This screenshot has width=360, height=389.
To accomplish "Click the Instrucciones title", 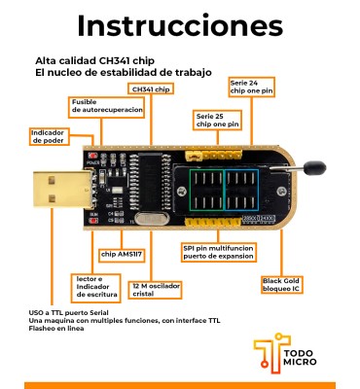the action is pyautogui.click(x=180, y=25).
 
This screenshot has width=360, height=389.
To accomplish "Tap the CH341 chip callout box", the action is pyautogui.click(x=151, y=89).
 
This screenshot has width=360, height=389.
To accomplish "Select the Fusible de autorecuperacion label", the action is pyautogui.click(x=107, y=107).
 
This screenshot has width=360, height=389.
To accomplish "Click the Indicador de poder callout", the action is pyautogui.click(x=49, y=136).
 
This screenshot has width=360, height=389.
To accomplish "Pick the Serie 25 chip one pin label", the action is pyautogui.click(x=217, y=121).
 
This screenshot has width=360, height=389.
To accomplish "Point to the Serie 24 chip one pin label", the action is pyautogui.click(x=252, y=87).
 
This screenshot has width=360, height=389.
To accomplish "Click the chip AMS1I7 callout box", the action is pyautogui.click(x=122, y=255).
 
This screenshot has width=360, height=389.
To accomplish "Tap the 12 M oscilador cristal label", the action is pyautogui.click(x=156, y=290).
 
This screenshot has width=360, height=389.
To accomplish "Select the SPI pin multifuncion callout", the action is pyautogui.click(x=218, y=252).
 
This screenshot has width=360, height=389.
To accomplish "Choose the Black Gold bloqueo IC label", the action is pyautogui.click(x=281, y=285).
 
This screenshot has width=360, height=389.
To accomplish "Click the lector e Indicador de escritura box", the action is pyautogui.click(x=96, y=288).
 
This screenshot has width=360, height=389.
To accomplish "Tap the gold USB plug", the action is pyautogui.click(x=63, y=190).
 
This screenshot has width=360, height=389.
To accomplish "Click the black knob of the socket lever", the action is pyautogui.click(x=314, y=167).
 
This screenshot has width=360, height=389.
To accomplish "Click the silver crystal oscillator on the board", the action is pyautogui.click(x=152, y=219).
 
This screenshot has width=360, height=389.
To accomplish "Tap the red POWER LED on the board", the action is pyautogui.click(x=93, y=155).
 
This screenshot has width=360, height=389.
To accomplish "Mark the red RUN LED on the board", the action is pyautogui.click(x=93, y=221).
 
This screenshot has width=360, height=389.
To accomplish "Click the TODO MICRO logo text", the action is pyautogui.click(x=300, y=357).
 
